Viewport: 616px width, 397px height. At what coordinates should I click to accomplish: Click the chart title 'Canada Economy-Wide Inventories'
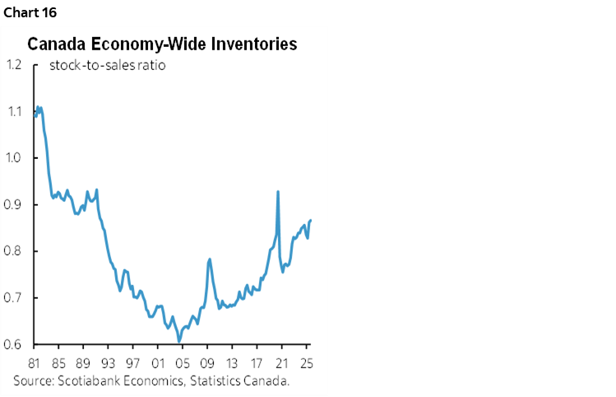click(162, 44)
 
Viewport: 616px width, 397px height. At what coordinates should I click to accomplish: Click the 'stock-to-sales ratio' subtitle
click(108, 65)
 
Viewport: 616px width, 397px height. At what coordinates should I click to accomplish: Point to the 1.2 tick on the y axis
click(14, 64)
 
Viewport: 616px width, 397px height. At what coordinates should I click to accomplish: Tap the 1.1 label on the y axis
click(14, 111)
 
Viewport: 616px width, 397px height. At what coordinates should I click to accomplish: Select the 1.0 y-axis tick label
click(14, 158)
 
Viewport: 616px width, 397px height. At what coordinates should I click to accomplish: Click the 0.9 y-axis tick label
click(14, 205)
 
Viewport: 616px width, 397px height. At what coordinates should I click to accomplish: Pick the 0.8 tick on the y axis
click(14, 251)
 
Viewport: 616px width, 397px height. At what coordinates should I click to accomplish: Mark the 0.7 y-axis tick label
click(14, 298)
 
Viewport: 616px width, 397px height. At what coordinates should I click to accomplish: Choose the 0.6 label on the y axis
click(14, 345)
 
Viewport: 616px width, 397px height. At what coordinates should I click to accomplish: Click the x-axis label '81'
click(35, 362)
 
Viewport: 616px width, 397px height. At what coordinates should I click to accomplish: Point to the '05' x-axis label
click(183, 362)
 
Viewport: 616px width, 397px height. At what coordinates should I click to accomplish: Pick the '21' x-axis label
click(281, 362)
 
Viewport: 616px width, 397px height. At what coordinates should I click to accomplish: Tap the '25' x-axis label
click(306, 362)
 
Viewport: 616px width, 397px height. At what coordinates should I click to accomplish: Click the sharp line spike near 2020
click(278, 192)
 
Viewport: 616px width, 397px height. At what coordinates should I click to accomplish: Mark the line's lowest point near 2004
click(178, 341)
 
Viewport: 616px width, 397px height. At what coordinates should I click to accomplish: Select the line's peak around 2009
click(210, 259)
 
